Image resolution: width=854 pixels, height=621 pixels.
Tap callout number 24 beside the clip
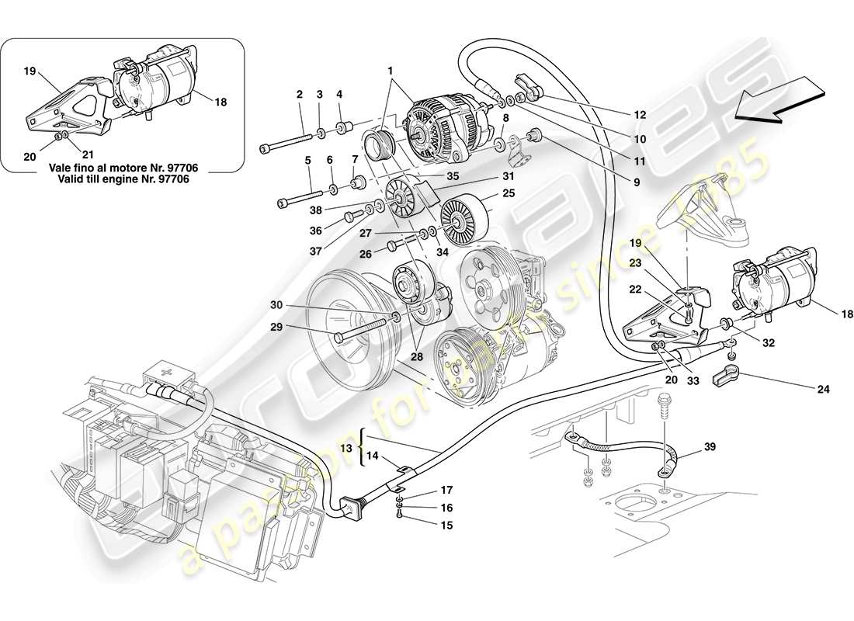[822, 389]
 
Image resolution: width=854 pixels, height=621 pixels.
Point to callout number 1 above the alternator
[391, 70]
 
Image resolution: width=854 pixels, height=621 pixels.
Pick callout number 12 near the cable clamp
[639, 114]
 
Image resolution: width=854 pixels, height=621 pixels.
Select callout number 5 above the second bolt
[307, 161]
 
